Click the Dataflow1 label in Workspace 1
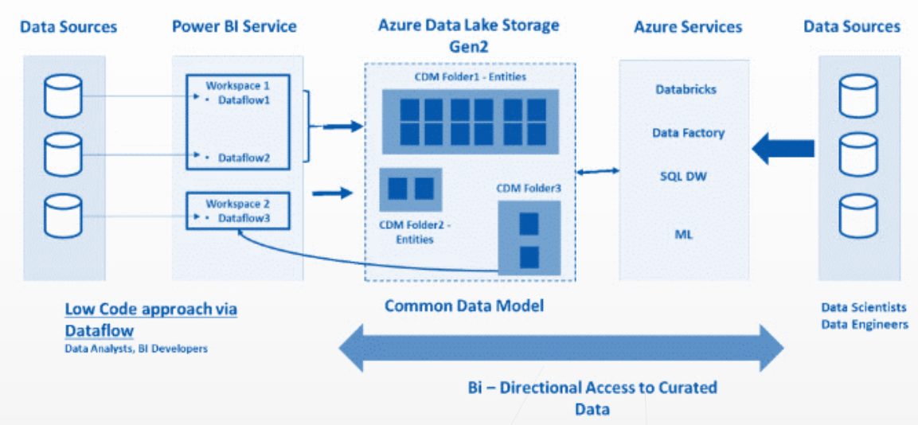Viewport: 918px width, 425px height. coord(244,100)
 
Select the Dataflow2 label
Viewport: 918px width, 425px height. coord(244,158)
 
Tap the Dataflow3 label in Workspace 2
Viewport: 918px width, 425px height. coord(244,217)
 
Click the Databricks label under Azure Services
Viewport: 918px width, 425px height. coord(686,89)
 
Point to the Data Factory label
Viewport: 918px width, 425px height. coord(688,133)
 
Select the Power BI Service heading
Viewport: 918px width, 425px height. coord(234,26)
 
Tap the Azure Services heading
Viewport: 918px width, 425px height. coord(688,27)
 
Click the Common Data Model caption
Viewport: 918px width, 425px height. coord(464,306)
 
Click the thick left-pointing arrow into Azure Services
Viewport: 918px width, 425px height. coord(783,148)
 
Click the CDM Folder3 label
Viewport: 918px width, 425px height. coord(529,189)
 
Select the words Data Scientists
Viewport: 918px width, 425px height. coord(864,307)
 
